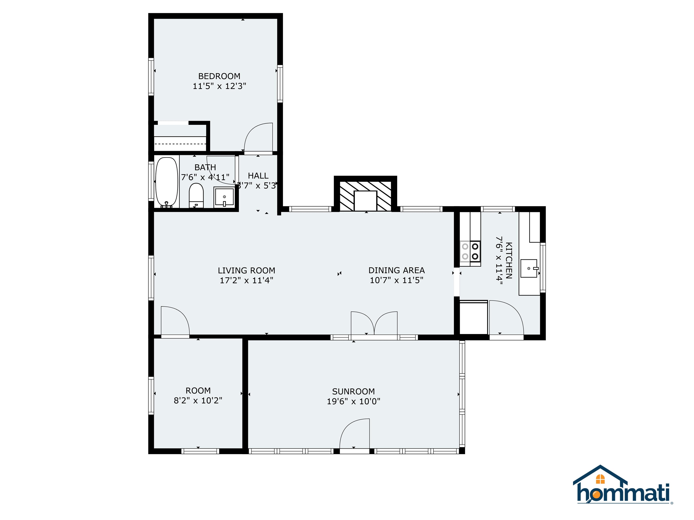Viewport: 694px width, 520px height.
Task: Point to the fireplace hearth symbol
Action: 365,196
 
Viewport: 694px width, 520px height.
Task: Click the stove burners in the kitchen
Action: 470,251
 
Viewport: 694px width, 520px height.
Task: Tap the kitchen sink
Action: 529,268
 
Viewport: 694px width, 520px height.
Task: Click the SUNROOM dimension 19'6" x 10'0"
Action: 353,402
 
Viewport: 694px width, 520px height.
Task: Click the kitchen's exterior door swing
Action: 506,318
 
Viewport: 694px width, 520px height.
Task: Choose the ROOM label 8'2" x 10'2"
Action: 198,396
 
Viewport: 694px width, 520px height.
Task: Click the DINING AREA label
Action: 396,270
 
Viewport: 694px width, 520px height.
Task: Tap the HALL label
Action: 258,176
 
